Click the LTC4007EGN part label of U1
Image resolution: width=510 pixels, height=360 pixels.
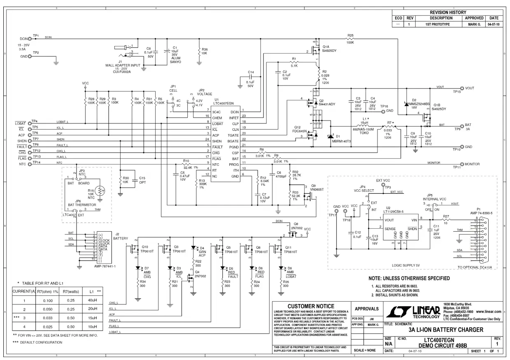coord(224,103)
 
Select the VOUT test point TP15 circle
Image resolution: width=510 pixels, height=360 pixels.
coord(462,88)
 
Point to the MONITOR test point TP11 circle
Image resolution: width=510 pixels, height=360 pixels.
coord(462,164)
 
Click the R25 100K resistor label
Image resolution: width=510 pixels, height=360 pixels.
coord(351,38)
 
